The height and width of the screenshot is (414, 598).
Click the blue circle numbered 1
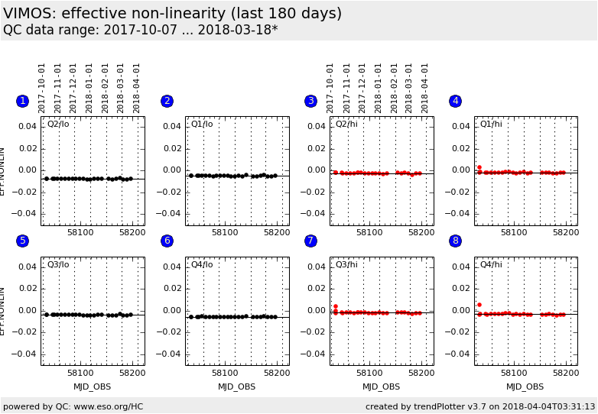click(22, 101)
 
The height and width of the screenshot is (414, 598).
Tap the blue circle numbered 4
click(455, 101)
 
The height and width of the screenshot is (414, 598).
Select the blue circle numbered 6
click(167, 241)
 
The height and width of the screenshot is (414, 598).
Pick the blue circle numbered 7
click(310, 241)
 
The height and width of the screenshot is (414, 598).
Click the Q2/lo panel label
click(58, 124)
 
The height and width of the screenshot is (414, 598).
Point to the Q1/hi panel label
click(491, 124)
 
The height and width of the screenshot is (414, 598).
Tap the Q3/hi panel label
click(346, 264)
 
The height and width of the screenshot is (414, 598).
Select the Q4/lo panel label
click(202, 264)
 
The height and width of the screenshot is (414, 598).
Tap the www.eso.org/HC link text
click(108, 406)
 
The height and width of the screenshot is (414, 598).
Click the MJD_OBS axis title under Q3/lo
click(93, 387)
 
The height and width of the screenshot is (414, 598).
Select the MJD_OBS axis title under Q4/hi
click(525, 387)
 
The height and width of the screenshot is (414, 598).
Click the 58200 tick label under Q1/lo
click(276, 232)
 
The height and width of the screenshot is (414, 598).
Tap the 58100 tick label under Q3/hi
click(369, 373)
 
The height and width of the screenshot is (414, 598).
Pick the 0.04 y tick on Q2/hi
click(317, 127)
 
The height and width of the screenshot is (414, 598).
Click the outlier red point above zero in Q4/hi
click(479, 305)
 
